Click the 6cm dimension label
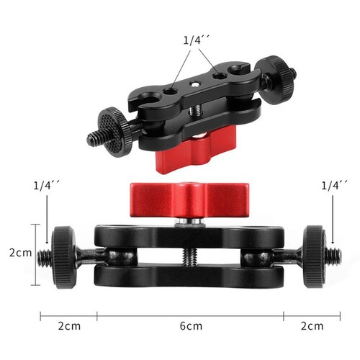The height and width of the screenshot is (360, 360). pos(191,326)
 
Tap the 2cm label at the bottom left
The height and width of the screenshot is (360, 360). pos(69,326)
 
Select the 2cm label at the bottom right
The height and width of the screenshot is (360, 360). pos(312,326)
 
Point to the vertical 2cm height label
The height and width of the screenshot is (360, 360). pos(21,253)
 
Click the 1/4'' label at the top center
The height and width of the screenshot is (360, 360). pos(197,40)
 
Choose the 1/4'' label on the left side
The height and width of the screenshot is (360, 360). pos(46,185)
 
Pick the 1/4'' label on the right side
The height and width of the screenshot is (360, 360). pos(334,185)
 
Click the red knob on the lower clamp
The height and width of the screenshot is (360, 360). pos(188,200)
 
